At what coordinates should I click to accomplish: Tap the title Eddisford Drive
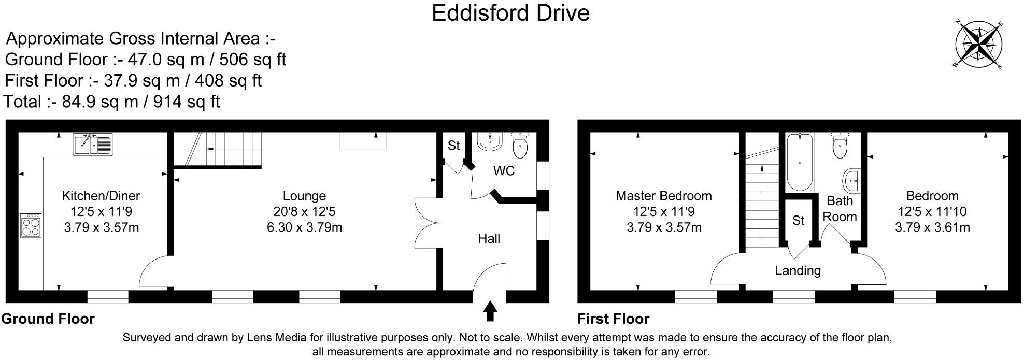click(510, 13)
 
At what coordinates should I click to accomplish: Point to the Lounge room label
click(304, 196)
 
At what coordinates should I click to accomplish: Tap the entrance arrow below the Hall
click(490, 312)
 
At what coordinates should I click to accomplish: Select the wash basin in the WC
click(489, 142)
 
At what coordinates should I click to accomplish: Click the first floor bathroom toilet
click(840, 146)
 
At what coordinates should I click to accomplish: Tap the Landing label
click(798, 270)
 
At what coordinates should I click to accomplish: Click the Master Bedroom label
click(663, 196)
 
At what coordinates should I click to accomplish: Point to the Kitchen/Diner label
click(101, 196)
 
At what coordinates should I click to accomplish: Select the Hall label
click(489, 238)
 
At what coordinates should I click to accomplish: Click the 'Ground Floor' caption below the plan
click(48, 319)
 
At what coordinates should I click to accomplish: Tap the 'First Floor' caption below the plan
click(613, 319)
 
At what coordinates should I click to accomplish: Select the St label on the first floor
click(798, 221)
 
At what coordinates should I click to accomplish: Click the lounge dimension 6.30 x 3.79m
click(304, 227)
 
